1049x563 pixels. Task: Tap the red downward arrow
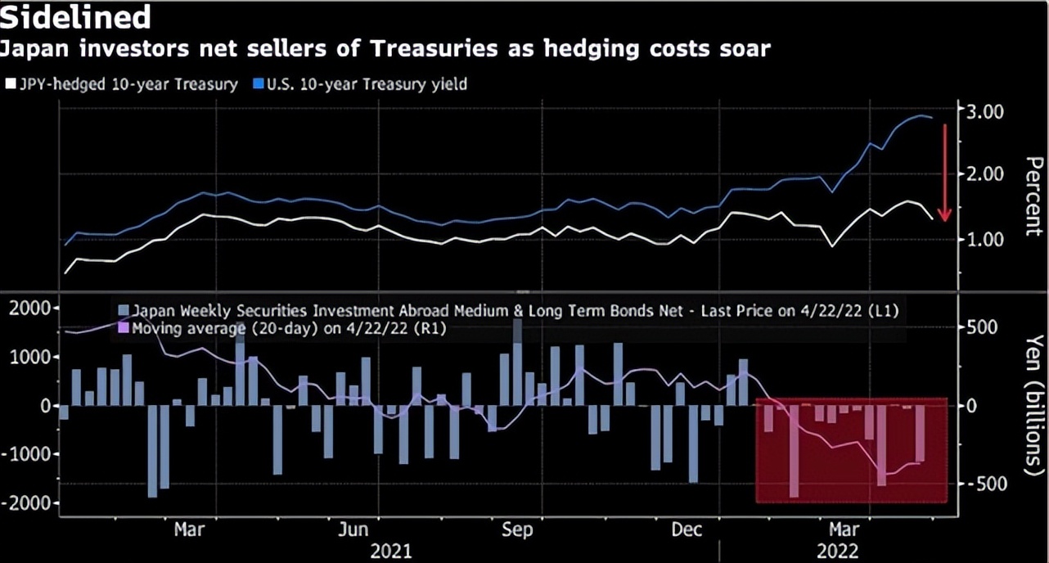[943, 172]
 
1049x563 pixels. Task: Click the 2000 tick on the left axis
[29, 309]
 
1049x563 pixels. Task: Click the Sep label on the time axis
[517, 530]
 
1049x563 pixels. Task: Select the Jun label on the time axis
[353, 530]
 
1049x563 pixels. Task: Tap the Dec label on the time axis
[687, 530]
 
